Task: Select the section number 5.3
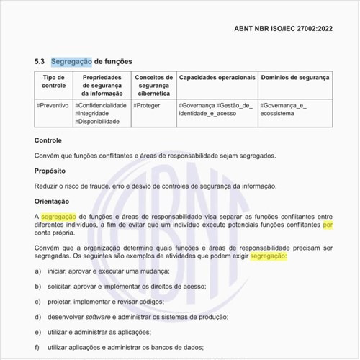(x=40, y=61)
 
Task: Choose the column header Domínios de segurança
(x=294, y=77)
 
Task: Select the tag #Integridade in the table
(x=98, y=113)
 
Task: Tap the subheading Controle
(x=48, y=140)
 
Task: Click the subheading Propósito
(x=50, y=171)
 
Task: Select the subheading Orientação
(x=53, y=202)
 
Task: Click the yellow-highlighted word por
(x=328, y=225)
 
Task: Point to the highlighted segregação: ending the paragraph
(x=269, y=256)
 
